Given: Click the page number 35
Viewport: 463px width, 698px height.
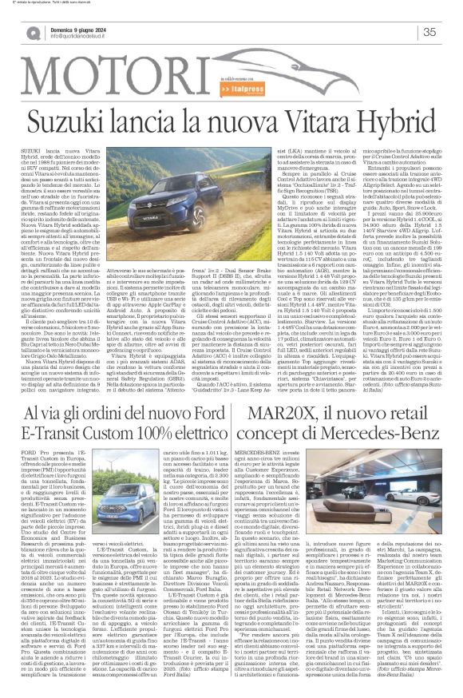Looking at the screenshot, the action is point(429,32).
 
